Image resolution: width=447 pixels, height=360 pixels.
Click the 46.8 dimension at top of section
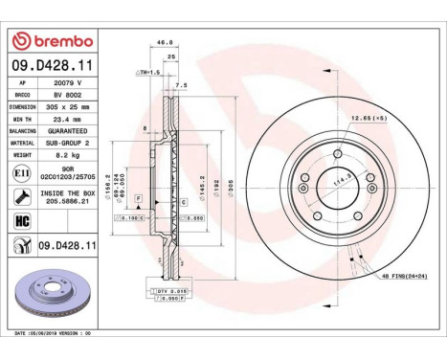tap(164, 42)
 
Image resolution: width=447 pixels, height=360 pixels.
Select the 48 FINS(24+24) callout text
tap(406, 275)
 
